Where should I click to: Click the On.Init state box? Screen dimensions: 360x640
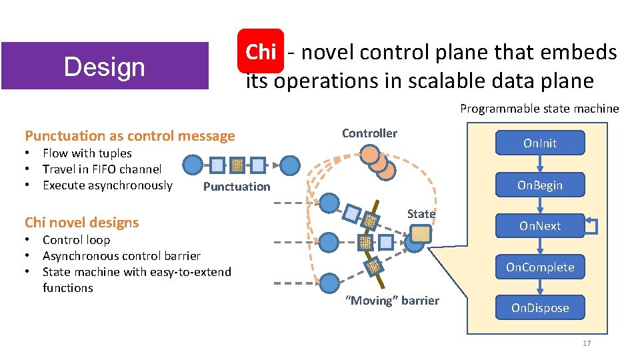[x=540, y=143]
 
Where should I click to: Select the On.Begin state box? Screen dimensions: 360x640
[x=540, y=185]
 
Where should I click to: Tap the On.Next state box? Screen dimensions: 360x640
[x=540, y=226]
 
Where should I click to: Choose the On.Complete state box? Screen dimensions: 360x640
[x=540, y=267]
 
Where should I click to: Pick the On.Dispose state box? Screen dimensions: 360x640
[x=540, y=308]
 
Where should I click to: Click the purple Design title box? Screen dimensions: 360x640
[x=105, y=66]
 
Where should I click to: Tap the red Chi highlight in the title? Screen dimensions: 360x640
[x=261, y=51]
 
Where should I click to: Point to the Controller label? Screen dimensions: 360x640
[x=369, y=133]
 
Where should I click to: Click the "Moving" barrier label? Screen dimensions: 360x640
[x=392, y=301]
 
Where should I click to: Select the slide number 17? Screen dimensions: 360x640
[x=587, y=343]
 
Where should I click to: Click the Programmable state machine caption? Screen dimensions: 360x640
[x=539, y=109]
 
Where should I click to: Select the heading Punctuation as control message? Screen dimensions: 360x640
[x=130, y=136]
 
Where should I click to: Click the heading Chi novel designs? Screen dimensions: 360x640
[x=82, y=223]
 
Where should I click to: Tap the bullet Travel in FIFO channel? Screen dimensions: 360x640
[x=102, y=169]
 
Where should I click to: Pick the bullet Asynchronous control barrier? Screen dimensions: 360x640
[x=121, y=256]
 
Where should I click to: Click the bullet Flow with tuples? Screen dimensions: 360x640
[x=87, y=153]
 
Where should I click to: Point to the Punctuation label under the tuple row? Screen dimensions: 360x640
[x=237, y=187]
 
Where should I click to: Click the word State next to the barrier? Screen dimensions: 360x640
[x=421, y=213]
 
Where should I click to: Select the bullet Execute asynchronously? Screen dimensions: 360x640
[x=107, y=185]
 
